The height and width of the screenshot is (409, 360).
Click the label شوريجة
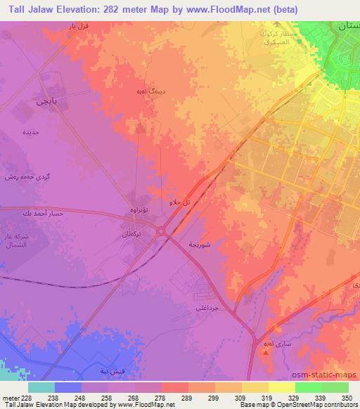200,244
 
